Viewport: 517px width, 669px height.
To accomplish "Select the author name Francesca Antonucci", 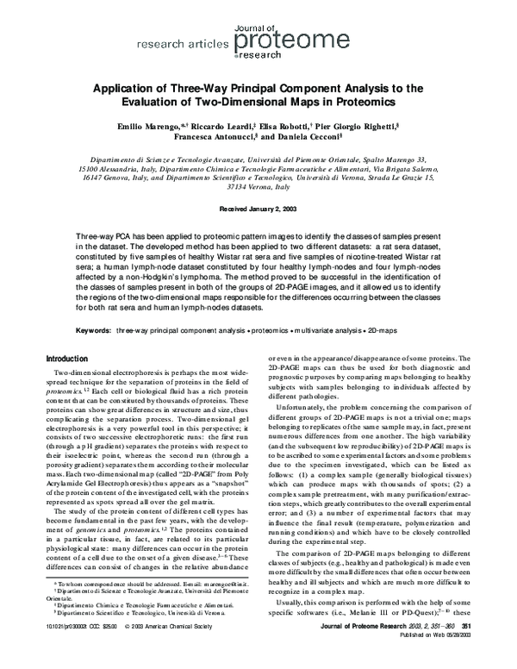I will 207,137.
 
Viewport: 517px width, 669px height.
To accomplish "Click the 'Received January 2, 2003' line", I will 258,209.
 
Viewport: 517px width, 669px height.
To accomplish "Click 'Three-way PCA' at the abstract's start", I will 103,235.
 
